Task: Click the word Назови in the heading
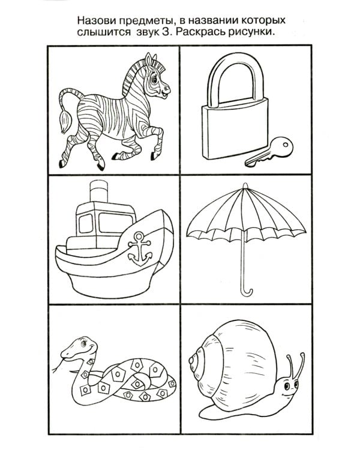[x=95, y=21]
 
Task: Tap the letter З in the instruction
[x=165, y=32]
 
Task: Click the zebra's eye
[x=154, y=79]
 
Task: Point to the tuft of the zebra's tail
[x=65, y=122]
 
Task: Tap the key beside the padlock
[x=269, y=152]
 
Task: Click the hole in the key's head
[x=286, y=144]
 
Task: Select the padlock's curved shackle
[x=236, y=75]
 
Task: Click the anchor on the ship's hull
[x=140, y=248]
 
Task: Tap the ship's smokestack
[x=99, y=191]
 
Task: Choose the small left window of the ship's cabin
[x=86, y=223]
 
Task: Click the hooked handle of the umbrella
[x=246, y=290]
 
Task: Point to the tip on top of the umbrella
[x=245, y=186]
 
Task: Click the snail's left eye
[x=287, y=386]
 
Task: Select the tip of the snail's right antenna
[x=302, y=355]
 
